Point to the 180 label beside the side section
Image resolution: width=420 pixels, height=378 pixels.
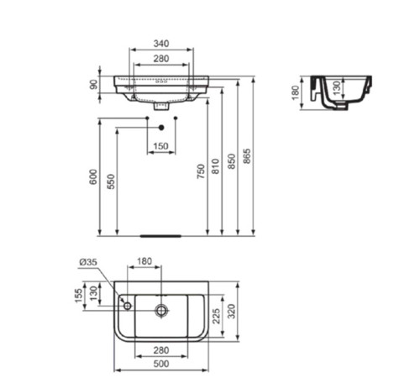(x=296, y=92)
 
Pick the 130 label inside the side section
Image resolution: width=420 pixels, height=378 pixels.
(x=338, y=88)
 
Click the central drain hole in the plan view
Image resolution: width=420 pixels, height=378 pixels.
(x=159, y=308)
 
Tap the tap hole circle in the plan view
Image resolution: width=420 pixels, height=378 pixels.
(x=125, y=307)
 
